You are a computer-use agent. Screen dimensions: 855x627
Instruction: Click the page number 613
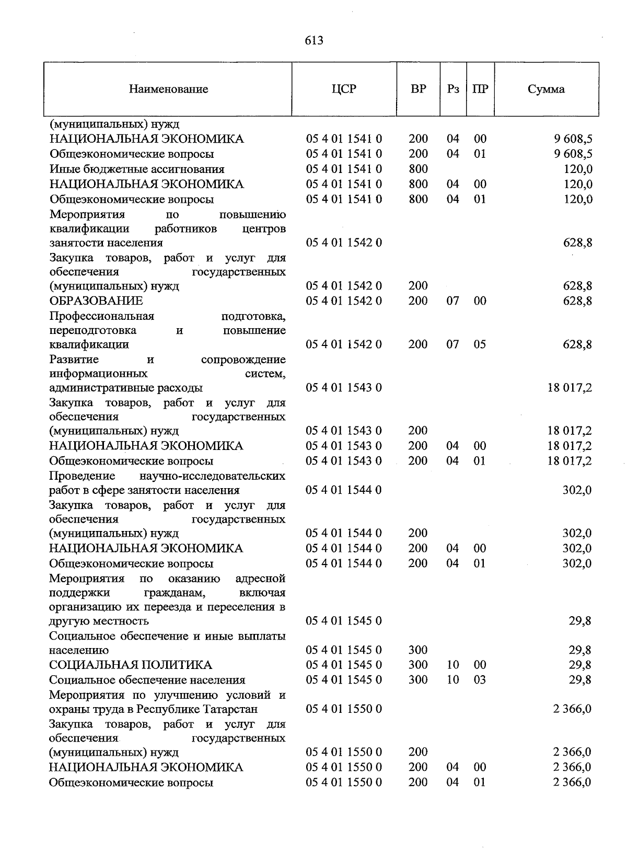[314, 40]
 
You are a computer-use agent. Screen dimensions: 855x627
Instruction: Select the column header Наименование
[168, 89]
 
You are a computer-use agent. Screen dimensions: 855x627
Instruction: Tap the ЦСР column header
[344, 89]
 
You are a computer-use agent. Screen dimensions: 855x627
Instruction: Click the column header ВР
[418, 89]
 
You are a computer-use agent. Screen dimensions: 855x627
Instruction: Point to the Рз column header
[453, 89]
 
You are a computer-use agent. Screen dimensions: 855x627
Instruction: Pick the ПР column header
[480, 89]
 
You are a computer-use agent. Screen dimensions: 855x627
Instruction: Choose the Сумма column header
[546, 89]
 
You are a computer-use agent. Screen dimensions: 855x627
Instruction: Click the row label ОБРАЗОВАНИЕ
[96, 301]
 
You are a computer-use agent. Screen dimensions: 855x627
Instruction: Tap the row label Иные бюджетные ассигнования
[137, 169]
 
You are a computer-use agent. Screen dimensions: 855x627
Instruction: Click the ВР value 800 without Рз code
[418, 169]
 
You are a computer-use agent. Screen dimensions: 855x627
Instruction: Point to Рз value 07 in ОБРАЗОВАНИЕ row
[452, 301]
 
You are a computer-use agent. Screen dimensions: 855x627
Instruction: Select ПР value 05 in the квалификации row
[480, 344]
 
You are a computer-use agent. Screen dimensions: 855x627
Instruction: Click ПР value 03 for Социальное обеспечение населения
[480, 680]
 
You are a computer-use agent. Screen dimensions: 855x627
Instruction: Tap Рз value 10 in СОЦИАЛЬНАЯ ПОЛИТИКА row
[452, 665]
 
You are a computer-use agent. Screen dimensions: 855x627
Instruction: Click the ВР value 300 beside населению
[418, 650]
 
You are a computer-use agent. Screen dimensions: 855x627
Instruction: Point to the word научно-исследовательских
[213, 476]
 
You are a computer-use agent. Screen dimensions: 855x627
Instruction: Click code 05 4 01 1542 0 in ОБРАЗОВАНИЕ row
[344, 301]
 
